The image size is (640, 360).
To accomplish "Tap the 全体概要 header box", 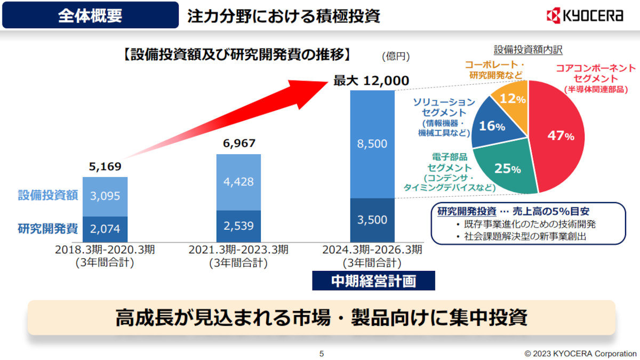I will pyautogui.click(x=90, y=15).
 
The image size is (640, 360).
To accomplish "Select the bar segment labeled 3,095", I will pyautogui.click(x=105, y=196).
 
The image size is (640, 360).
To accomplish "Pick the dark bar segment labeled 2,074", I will pyautogui.click(x=105, y=229).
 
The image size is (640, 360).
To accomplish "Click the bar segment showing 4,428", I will pyautogui.click(x=238, y=182).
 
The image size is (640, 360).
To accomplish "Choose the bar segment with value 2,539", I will pyautogui.click(x=238, y=226).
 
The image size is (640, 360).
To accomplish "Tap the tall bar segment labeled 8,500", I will pyautogui.click(x=372, y=144).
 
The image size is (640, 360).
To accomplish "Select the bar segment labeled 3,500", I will pyautogui.click(x=372, y=220).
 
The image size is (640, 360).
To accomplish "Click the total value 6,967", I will pyautogui.click(x=238, y=143).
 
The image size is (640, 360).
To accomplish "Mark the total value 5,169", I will pyautogui.click(x=105, y=166).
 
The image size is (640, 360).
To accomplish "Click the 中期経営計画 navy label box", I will pyautogui.click(x=373, y=281).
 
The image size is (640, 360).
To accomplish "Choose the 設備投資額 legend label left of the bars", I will pyautogui.click(x=48, y=195).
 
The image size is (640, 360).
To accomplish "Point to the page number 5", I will pyautogui.click(x=321, y=353).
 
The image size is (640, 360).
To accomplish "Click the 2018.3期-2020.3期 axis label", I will pyautogui.click(x=105, y=250).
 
